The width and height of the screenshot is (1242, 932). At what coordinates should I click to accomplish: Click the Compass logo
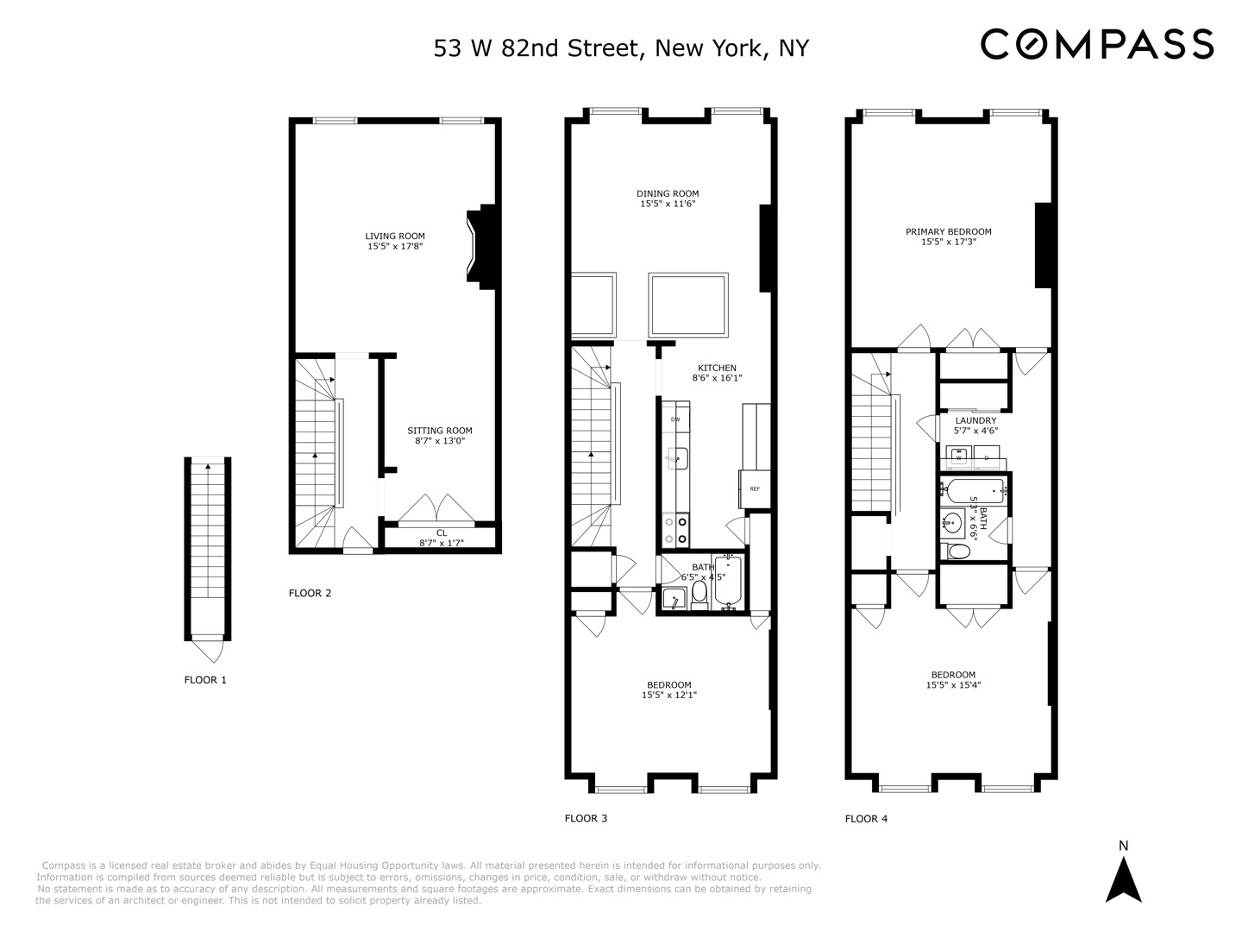click(x=1097, y=44)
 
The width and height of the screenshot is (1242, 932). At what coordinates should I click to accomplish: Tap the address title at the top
click(x=621, y=47)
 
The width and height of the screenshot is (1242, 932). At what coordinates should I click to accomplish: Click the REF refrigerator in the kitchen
click(x=755, y=489)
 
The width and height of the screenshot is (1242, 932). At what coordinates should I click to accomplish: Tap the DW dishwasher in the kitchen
click(x=675, y=419)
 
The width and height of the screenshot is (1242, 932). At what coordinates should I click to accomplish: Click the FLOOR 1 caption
click(x=205, y=680)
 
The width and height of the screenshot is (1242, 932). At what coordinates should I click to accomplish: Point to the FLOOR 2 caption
click(x=310, y=593)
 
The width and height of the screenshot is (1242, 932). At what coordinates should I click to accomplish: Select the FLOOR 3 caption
click(x=586, y=818)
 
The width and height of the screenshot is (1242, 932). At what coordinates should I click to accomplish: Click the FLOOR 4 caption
click(x=866, y=819)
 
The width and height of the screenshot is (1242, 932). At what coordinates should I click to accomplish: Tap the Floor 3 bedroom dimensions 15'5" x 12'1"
click(x=668, y=695)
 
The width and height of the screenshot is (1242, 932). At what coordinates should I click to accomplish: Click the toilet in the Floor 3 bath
click(x=699, y=592)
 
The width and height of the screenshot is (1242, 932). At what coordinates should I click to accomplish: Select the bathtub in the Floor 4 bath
click(x=975, y=492)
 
